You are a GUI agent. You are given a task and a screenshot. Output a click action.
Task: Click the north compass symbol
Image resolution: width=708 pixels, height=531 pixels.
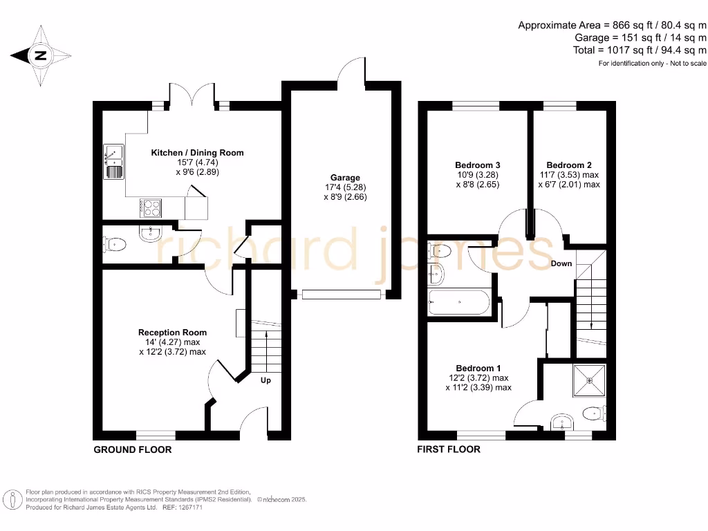tap(40, 57)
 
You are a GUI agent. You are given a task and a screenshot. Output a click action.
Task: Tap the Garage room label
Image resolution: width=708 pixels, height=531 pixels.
tap(345, 178)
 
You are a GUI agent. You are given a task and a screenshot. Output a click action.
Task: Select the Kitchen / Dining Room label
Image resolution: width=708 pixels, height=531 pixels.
tap(197, 153)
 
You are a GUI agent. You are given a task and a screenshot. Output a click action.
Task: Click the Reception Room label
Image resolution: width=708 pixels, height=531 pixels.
tap(172, 333)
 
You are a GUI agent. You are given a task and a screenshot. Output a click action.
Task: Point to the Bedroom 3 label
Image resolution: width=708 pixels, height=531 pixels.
tap(477, 165)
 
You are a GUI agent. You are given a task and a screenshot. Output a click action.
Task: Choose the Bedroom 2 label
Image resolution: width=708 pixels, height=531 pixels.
tap(569, 165)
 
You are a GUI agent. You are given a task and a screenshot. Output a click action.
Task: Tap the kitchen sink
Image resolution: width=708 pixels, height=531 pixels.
tap(113, 160)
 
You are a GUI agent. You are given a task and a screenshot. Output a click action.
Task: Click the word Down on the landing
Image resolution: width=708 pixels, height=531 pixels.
tap(561, 263)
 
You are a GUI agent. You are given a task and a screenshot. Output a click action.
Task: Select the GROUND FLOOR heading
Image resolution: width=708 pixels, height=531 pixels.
tap(133, 449)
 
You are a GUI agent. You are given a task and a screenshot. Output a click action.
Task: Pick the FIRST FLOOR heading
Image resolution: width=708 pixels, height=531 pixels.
tap(448, 449)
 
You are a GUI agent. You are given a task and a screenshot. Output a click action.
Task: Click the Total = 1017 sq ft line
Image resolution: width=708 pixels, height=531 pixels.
tap(640, 50)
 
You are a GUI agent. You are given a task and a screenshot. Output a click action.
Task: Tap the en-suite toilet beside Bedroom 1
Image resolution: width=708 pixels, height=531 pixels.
tap(594, 414)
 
